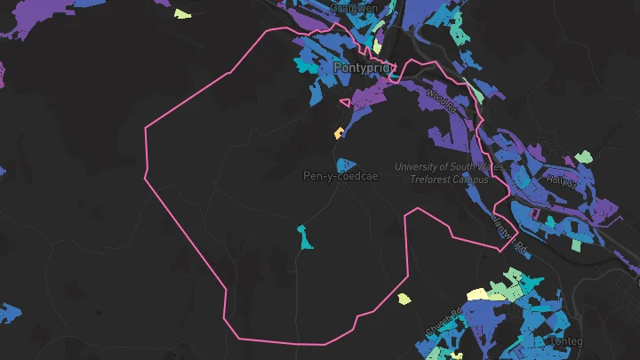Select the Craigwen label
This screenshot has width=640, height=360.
click(353, 7)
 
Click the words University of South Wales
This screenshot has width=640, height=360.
click(449, 167)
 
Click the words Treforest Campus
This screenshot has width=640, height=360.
click(449, 179)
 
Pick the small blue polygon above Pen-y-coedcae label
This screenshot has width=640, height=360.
click(346, 164)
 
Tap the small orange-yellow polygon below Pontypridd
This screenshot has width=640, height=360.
click(339, 133)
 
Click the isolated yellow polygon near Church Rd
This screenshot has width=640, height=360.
click(404, 299)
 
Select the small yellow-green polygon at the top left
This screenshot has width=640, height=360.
click(182, 13)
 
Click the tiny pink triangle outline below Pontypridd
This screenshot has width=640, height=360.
click(345, 102)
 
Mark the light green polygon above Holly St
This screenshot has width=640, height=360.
click(583, 157)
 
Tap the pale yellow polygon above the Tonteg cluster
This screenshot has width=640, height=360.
click(477, 294)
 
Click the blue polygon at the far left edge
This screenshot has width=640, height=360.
click(9, 313)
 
